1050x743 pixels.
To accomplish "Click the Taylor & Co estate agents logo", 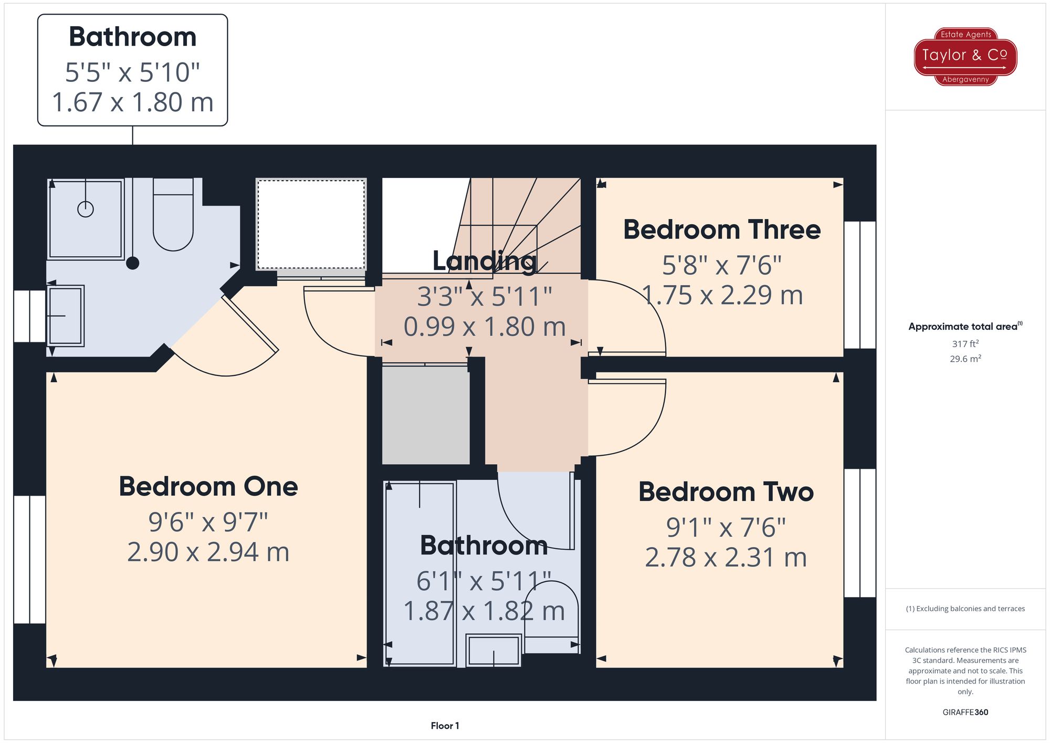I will [965, 56].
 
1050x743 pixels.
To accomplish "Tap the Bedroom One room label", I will [208, 486].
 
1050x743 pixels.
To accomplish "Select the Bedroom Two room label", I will [726, 492].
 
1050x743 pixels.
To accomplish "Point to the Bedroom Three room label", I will [721, 230].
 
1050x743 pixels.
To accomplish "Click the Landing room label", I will [484, 261].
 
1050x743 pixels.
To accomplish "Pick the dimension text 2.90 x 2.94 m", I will [208, 552].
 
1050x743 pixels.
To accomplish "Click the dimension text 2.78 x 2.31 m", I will [726, 558].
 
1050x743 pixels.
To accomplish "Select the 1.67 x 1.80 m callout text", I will [132, 102].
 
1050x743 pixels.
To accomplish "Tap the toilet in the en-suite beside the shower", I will [173, 215].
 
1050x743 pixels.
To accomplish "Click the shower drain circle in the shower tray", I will [86, 209].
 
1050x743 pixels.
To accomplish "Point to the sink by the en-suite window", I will [66, 316].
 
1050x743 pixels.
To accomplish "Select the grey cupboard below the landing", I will [425, 415].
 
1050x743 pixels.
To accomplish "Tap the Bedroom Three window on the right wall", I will [859, 285].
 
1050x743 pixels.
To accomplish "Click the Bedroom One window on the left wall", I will [29, 559].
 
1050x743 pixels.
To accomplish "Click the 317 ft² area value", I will [965, 344].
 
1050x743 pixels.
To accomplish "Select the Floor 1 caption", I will [445, 726].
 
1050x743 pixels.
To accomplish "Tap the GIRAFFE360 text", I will [965, 712].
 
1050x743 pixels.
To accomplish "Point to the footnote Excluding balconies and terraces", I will [965, 609].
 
